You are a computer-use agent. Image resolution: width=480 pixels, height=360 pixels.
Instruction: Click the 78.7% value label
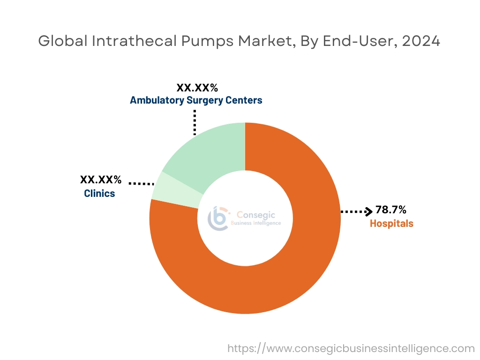pos(391,210)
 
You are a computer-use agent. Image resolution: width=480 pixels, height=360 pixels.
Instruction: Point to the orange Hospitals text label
pos(391,224)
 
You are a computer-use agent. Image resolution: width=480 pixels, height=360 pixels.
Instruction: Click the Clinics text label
pos(99,193)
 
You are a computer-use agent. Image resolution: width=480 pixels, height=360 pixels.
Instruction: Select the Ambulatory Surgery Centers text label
pos(196,100)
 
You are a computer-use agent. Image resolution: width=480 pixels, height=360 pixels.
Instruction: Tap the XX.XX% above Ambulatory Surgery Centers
pos(197,88)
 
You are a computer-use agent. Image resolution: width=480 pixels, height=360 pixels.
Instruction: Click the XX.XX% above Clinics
pos(101,180)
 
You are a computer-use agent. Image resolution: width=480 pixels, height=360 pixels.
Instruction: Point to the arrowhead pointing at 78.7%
pos(369,212)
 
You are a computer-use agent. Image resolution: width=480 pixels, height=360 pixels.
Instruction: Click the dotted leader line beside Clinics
pos(141,184)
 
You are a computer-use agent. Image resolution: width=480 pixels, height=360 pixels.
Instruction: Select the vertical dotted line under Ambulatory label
pos(195,123)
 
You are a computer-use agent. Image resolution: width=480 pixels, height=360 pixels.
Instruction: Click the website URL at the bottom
pos(351,348)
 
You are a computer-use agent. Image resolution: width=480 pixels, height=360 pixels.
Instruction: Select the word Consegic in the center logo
pos(256,215)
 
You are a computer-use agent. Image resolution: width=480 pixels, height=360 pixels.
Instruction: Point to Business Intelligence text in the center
pos(256,223)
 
